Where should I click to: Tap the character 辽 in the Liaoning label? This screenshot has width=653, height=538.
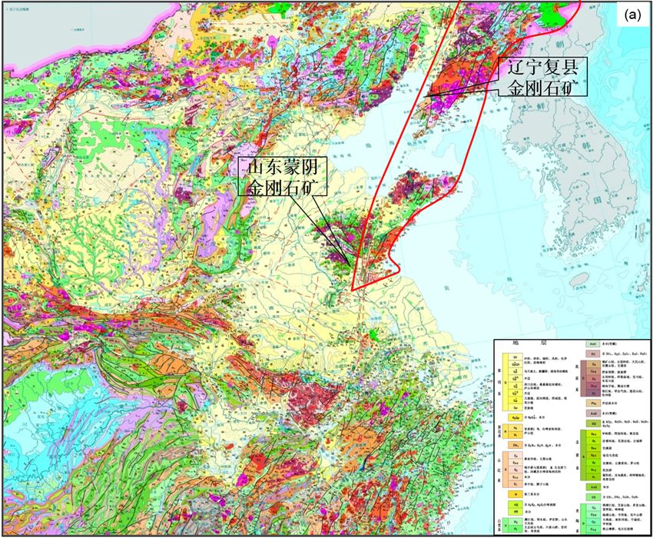click(510, 67)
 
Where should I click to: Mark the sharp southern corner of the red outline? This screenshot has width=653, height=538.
click(352, 291)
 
